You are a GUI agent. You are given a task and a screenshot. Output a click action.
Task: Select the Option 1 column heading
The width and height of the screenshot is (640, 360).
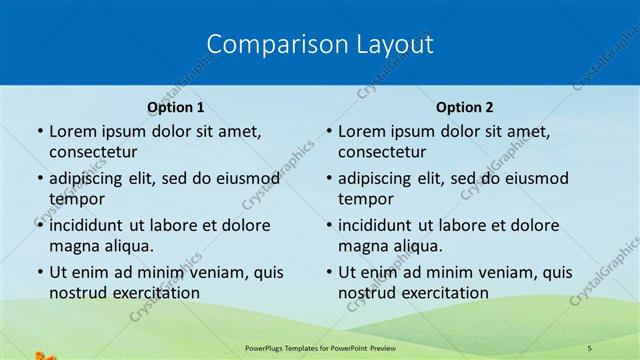click(x=175, y=107)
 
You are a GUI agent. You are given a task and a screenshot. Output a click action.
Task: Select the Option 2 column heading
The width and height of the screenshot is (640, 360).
click(x=464, y=107)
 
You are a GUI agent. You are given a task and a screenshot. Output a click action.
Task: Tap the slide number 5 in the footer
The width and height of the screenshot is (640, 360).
click(x=589, y=347)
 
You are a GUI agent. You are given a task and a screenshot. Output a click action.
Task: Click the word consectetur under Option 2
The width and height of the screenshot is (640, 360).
click(x=382, y=152)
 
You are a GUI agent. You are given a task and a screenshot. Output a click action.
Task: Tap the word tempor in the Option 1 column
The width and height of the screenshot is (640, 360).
click(x=75, y=198)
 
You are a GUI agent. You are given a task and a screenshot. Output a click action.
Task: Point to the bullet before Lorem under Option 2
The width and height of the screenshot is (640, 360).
click(x=329, y=131)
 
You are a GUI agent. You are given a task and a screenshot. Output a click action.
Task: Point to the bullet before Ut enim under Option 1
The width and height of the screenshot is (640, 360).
click(x=40, y=272)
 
